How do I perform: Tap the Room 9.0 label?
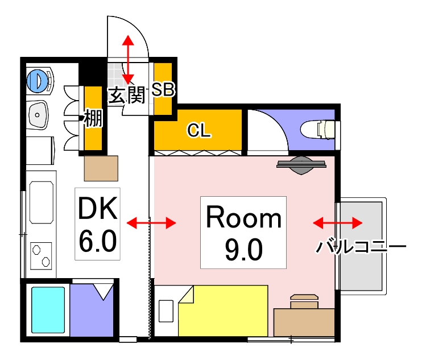point(243,232)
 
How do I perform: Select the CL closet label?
point(200,131)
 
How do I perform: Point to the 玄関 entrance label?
point(126,94)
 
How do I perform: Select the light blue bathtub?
point(48,310)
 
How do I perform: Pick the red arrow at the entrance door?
point(128,59)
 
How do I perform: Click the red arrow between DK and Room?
point(151,223)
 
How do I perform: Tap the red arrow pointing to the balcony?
point(338,222)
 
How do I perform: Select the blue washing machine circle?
point(37,80)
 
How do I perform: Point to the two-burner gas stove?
point(40,256)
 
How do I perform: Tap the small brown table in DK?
point(101,168)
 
